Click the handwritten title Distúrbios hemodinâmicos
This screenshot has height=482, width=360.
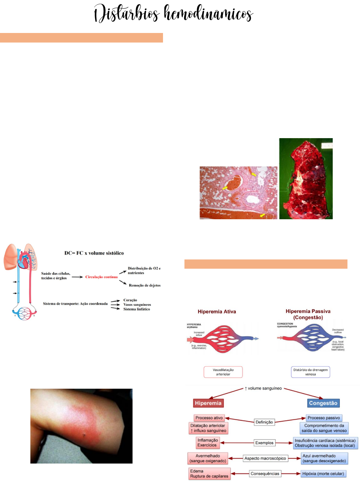tap(174, 14)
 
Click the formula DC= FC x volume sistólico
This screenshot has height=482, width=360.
tap(94, 253)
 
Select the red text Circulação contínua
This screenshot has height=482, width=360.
tap(101, 277)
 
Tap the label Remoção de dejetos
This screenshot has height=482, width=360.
tap(145, 286)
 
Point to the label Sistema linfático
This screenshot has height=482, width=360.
tap(137, 309)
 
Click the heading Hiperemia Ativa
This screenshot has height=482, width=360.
tap(217, 312)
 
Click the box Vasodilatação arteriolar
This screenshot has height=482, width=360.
tap(223, 372)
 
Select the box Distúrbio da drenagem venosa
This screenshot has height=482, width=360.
tap(311, 372)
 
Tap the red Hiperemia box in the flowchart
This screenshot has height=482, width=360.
tap(208, 403)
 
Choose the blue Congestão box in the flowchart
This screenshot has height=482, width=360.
tap(323, 403)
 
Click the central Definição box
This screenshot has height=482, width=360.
tap(264, 422)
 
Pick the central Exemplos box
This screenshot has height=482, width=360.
tap(264, 443)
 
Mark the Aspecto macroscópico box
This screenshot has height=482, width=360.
tap(265, 458)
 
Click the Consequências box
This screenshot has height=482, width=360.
tap(265, 474)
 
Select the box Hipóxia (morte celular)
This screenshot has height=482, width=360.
tap(323, 474)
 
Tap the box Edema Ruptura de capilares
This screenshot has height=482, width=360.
tap(209, 474)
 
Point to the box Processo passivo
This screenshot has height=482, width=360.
tap(324, 418)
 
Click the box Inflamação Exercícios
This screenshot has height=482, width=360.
tap(207, 442)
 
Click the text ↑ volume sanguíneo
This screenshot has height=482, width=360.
tap(263, 388)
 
